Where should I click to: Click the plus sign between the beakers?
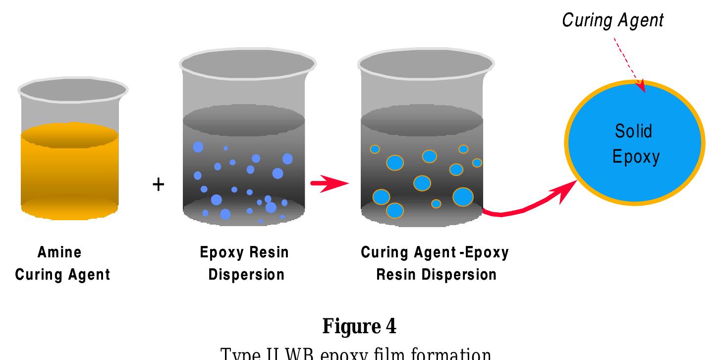[x=158, y=185]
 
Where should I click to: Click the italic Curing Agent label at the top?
[x=612, y=20]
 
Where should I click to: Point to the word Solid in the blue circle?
[x=633, y=131]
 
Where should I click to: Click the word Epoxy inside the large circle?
[x=636, y=157]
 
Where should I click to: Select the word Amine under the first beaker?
[x=59, y=252]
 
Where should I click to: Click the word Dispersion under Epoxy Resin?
[x=246, y=274]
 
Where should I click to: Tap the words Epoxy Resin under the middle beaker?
[x=244, y=252]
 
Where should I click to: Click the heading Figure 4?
[x=359, y=326]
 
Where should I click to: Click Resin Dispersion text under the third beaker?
[x=436, y=274]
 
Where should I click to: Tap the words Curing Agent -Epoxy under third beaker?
[x=435, y=252]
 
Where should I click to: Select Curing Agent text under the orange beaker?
[x=62, y=274]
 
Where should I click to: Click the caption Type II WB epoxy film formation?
[x=355, y=354]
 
